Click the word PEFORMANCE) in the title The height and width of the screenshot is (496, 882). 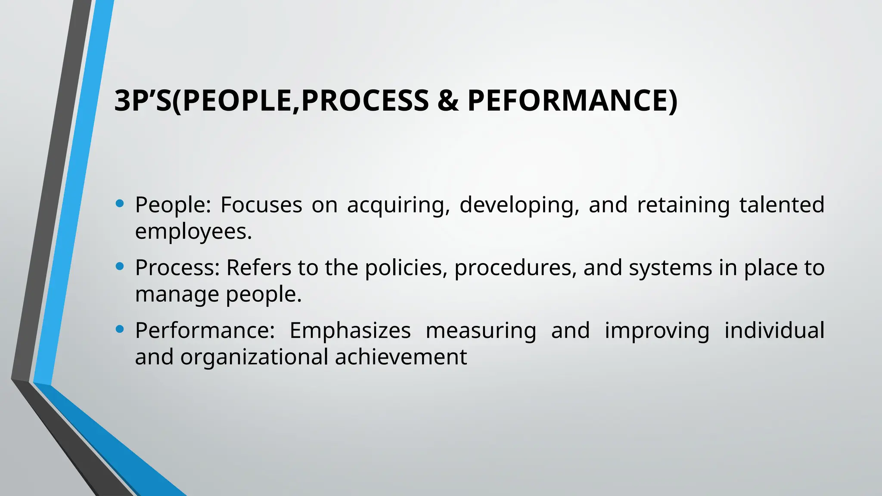[x=572, y=101]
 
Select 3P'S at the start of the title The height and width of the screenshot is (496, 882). [x=143, y=101]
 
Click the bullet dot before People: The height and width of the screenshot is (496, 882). [x=120, y=204]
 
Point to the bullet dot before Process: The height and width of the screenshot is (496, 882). [x=120, y=267]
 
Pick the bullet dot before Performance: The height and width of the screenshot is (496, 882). [x=120, y=330]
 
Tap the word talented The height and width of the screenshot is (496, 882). [x=782, y=205]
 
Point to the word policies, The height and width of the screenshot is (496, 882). [x=404, y=268]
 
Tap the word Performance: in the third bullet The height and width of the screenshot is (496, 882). [x=205, y=331]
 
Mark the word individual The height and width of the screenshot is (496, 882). [x=774, y=331]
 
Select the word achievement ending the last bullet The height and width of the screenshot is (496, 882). [x=401, y=357]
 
